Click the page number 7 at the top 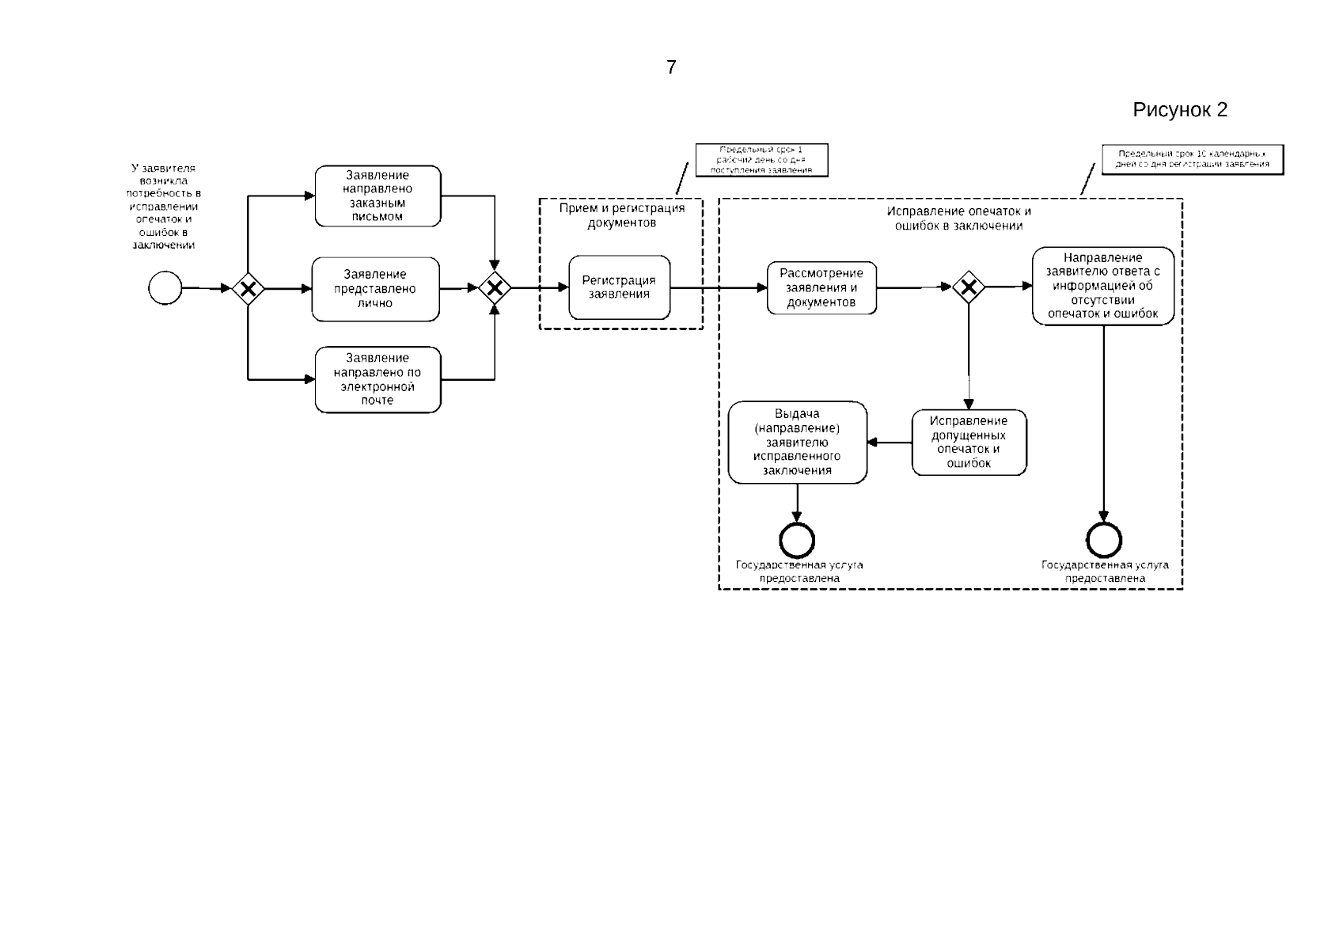coord(671,68)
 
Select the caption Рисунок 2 coord(1179,110)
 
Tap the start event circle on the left coord(165,287)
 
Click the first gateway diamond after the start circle coord(248,289)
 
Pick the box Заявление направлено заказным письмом coord(377,196)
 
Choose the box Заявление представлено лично coord(375,289)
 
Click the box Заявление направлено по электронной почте coord(377,379)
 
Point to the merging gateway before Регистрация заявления coord(495,289)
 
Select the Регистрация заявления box coord(619,287)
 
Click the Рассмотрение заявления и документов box coord(821,287)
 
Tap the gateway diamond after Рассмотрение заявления coord(968,287)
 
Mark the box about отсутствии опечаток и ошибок coord(1102,286)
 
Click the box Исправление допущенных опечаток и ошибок coord(969,442)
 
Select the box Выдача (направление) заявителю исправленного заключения coord(797,442)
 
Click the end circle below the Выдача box coord(797,541)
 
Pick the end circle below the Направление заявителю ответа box coord(1104,541)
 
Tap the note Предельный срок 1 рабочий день coord(761,160)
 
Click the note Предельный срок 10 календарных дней coord(1192,159)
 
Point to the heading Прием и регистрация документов coord(621,215)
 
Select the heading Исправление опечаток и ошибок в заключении coord(958,218)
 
